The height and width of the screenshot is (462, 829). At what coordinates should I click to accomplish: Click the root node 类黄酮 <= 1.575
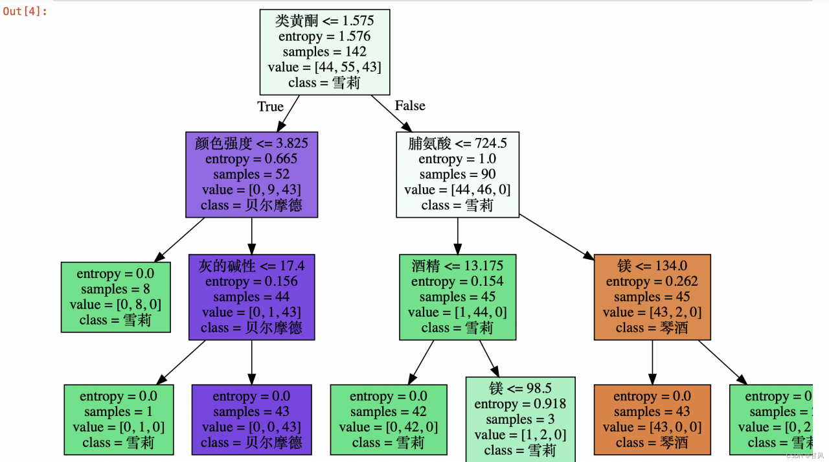click(324, 51)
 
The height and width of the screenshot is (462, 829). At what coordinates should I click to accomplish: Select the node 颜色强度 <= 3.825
click(252, 174)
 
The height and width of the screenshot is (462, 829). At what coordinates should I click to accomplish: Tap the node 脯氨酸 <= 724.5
click(457, 174)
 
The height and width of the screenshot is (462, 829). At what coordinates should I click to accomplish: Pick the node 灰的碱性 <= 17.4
click(251, 297)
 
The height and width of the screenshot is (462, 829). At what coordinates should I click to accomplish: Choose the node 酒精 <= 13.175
click(457, 297)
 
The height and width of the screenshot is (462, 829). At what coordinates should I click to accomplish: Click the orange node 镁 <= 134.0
click(652, 297)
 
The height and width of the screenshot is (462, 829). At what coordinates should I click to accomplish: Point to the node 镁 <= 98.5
click(520, 419)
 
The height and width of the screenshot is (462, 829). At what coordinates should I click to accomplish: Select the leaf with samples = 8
click(116, 297)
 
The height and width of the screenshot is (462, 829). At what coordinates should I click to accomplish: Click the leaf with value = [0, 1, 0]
click(119, 419)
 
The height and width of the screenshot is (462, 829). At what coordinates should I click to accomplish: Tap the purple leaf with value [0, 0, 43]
click(251, 419)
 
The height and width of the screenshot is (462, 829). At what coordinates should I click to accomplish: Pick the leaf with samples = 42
click(389, 419)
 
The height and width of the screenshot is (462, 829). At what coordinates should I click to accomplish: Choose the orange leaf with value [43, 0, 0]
click(652, 419)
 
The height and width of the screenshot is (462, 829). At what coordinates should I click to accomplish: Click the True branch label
click(271, 106)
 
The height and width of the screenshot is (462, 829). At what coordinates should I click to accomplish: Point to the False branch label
click(410, 106)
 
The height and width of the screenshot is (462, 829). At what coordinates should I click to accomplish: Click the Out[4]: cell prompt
click(25, 11)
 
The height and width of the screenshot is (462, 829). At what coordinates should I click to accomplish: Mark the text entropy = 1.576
click(324, 36)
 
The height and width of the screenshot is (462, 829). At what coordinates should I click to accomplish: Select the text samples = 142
click(324, 52)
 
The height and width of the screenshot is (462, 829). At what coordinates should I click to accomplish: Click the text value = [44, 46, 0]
click(457, 190)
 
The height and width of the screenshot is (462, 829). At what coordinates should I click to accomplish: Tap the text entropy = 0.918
click(520, 404)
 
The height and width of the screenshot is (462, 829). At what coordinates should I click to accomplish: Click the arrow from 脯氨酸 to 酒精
click(457, 235)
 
